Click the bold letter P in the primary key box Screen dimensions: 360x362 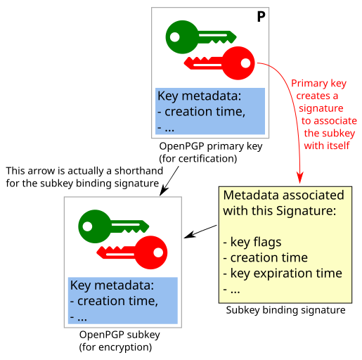pos(261,17)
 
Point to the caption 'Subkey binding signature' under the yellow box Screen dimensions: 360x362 pos(285,310)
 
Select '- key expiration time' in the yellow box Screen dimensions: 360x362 pos(282,273)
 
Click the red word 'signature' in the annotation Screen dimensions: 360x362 pos(320,108)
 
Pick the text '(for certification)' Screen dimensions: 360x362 pos(198,158)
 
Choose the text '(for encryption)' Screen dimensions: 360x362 pos(115,347)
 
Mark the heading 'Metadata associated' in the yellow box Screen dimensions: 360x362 pos(283,195)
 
